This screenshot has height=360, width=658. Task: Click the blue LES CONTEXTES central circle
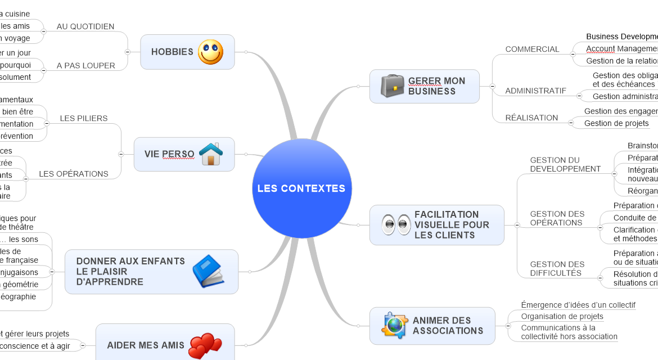(x=301, y=188)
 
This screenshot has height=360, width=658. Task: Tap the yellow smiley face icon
(x=210, y=52)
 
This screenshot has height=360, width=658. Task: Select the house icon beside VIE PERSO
(x=211, y=154)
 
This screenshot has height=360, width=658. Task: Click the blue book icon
(x=208, y=271)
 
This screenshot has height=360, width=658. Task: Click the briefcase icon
(x=392, y=86)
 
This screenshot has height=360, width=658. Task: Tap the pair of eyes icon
(x=396, y=224)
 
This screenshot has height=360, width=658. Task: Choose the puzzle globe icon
(x=395, y=325)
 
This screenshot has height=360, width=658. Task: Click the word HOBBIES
(x=172, y=52)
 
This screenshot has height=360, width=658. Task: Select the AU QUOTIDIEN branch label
(x=85, y=26)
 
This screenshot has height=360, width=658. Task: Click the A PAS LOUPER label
(x=86, y=66)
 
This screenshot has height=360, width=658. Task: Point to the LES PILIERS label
(x=84, y=119)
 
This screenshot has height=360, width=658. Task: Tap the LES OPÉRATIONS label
(x=74, y=174)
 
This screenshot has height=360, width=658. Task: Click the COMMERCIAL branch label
(x=532, y=49)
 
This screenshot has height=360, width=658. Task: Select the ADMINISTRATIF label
(x=535, y=91)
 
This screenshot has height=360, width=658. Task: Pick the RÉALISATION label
(x=531, y=118)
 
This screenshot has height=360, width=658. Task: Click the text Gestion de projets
(x=616, y=123)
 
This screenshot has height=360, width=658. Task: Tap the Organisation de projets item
(x=562, y=317)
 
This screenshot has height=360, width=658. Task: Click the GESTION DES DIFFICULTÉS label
(x=557, y=268)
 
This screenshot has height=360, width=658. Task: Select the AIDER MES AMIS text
(x=146, y=345)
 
